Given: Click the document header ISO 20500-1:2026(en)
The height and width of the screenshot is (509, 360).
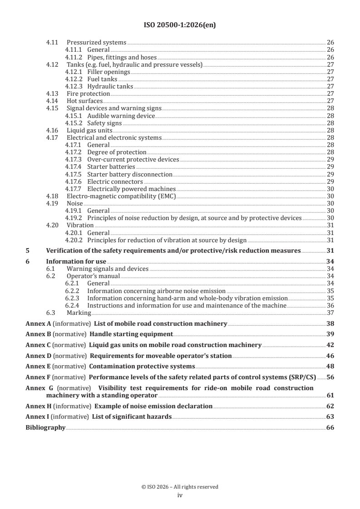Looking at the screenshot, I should [x=180, y=25].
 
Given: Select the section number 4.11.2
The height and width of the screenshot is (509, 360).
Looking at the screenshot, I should [x=73, y=57].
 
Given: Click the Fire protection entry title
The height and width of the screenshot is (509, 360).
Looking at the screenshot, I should [x=88, y=93].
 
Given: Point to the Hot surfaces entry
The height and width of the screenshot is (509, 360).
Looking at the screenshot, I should [x=84, y=101].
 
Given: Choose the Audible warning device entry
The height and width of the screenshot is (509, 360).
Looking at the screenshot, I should [x=121, y=116].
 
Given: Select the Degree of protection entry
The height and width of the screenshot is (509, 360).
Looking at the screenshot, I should [x=117, y=152].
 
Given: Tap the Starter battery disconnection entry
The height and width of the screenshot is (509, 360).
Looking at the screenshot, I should [x=129, y=174].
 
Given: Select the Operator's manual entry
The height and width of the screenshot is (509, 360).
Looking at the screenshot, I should [x=93, y=276].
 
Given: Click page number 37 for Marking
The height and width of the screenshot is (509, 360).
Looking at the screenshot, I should [x=330, y=313].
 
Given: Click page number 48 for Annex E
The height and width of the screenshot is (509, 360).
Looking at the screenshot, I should [x=330, y=366].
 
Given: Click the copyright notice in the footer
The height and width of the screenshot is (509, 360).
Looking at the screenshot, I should [x=180, y=487].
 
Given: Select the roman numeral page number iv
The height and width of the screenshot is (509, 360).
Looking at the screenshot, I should [x=180, y=495].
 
